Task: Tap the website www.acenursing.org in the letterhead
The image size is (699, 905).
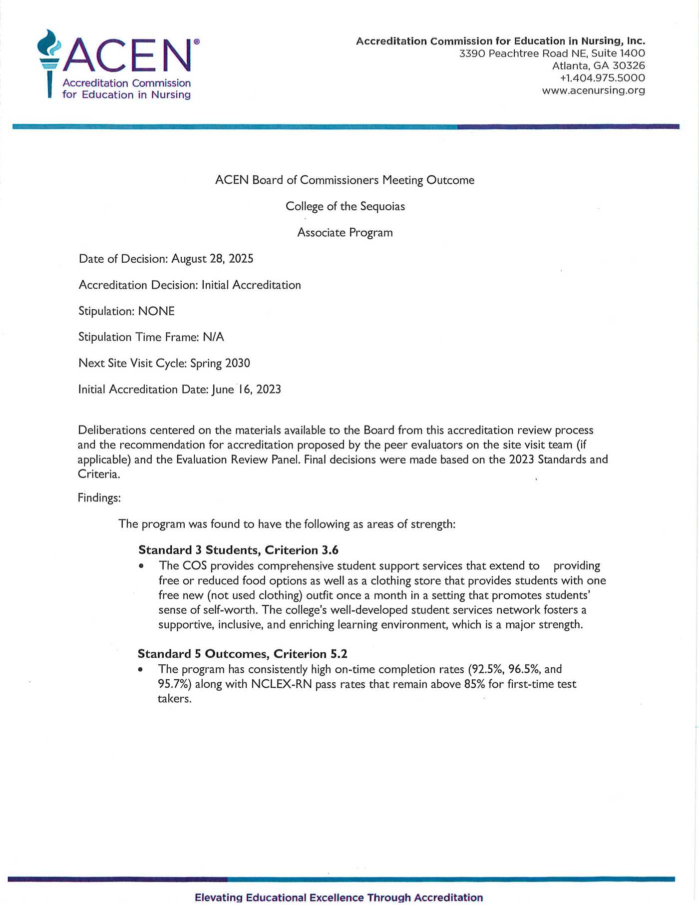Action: [593, 90]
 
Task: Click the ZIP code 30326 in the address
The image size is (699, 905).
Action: [629, 65]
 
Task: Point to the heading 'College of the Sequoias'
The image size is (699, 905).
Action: [345, 206]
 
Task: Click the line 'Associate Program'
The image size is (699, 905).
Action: [345, 233]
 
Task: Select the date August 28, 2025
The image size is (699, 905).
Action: [212, 259]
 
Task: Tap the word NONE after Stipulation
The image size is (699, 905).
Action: [156, 311]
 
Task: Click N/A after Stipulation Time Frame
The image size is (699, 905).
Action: [213, 337]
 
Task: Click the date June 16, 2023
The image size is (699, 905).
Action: [246, 390]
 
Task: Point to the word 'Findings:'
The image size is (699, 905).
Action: [99, 498]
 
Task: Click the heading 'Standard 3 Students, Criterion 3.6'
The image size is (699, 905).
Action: [238, 550]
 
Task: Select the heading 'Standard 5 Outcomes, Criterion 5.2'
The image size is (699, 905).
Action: [242, 654]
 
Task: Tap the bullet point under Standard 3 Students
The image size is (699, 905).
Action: [142, 566]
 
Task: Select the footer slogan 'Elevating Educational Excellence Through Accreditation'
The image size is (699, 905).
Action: [339, 898]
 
